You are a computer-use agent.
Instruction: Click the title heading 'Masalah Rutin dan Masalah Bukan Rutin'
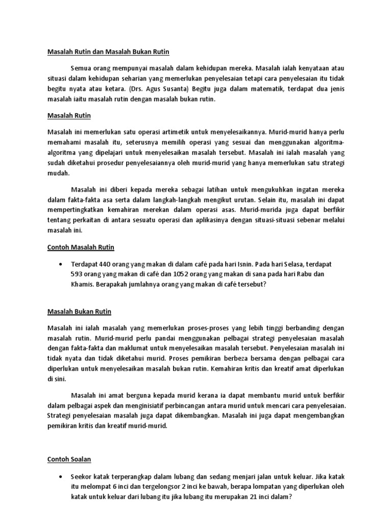(108, 52)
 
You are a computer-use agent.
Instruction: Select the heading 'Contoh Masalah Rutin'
(81, 247)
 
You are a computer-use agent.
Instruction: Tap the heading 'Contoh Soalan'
(69, 459)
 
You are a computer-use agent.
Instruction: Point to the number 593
(79, 274)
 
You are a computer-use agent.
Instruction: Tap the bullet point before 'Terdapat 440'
(62, 265)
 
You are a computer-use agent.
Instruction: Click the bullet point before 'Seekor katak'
(62, 477)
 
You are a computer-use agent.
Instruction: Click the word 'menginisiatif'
(140, 406)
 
